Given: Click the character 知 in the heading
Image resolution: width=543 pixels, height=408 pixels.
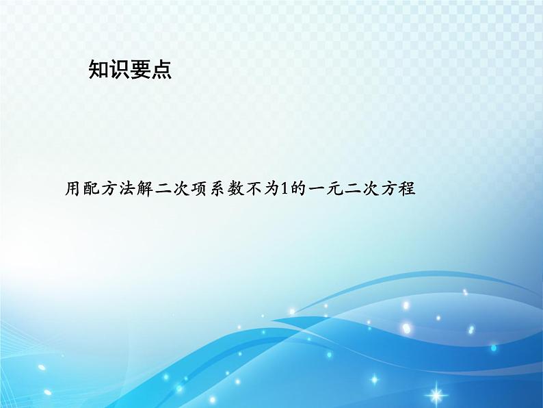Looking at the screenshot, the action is (98, 69).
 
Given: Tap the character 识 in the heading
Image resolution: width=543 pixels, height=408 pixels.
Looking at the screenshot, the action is (120, 69).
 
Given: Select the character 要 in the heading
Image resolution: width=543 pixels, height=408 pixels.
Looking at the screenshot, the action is (140, 69).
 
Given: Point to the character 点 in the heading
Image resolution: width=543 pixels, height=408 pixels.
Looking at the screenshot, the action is (161, 69).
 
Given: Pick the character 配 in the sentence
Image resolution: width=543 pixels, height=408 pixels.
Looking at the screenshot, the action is (91, 189).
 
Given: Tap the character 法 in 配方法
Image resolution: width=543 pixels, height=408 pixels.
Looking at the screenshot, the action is (127, 189).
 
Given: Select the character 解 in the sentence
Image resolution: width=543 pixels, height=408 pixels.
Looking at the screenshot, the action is (145, 189).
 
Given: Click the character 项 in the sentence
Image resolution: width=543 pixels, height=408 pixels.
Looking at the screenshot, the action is (199, 189).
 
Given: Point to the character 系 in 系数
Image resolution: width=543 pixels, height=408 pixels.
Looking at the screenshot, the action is (217, 189).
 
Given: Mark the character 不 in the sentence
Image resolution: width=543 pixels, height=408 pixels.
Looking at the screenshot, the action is (253, 189).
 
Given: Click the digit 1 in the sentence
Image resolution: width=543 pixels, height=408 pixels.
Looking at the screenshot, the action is (284, 189).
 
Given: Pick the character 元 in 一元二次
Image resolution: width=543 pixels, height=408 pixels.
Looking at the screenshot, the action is (335, 189).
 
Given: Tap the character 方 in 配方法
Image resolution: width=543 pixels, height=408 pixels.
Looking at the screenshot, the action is (109, 189).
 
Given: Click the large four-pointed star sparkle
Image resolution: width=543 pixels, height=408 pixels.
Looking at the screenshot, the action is (436, 394).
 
